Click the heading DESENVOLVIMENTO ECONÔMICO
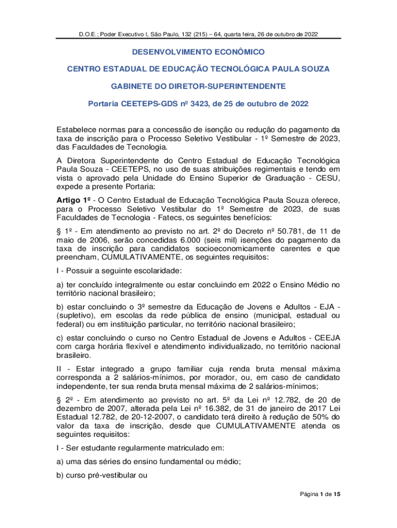pos(198,52)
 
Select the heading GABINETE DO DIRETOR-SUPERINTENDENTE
pos(198,86)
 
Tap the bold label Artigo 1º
pos(75,200)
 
